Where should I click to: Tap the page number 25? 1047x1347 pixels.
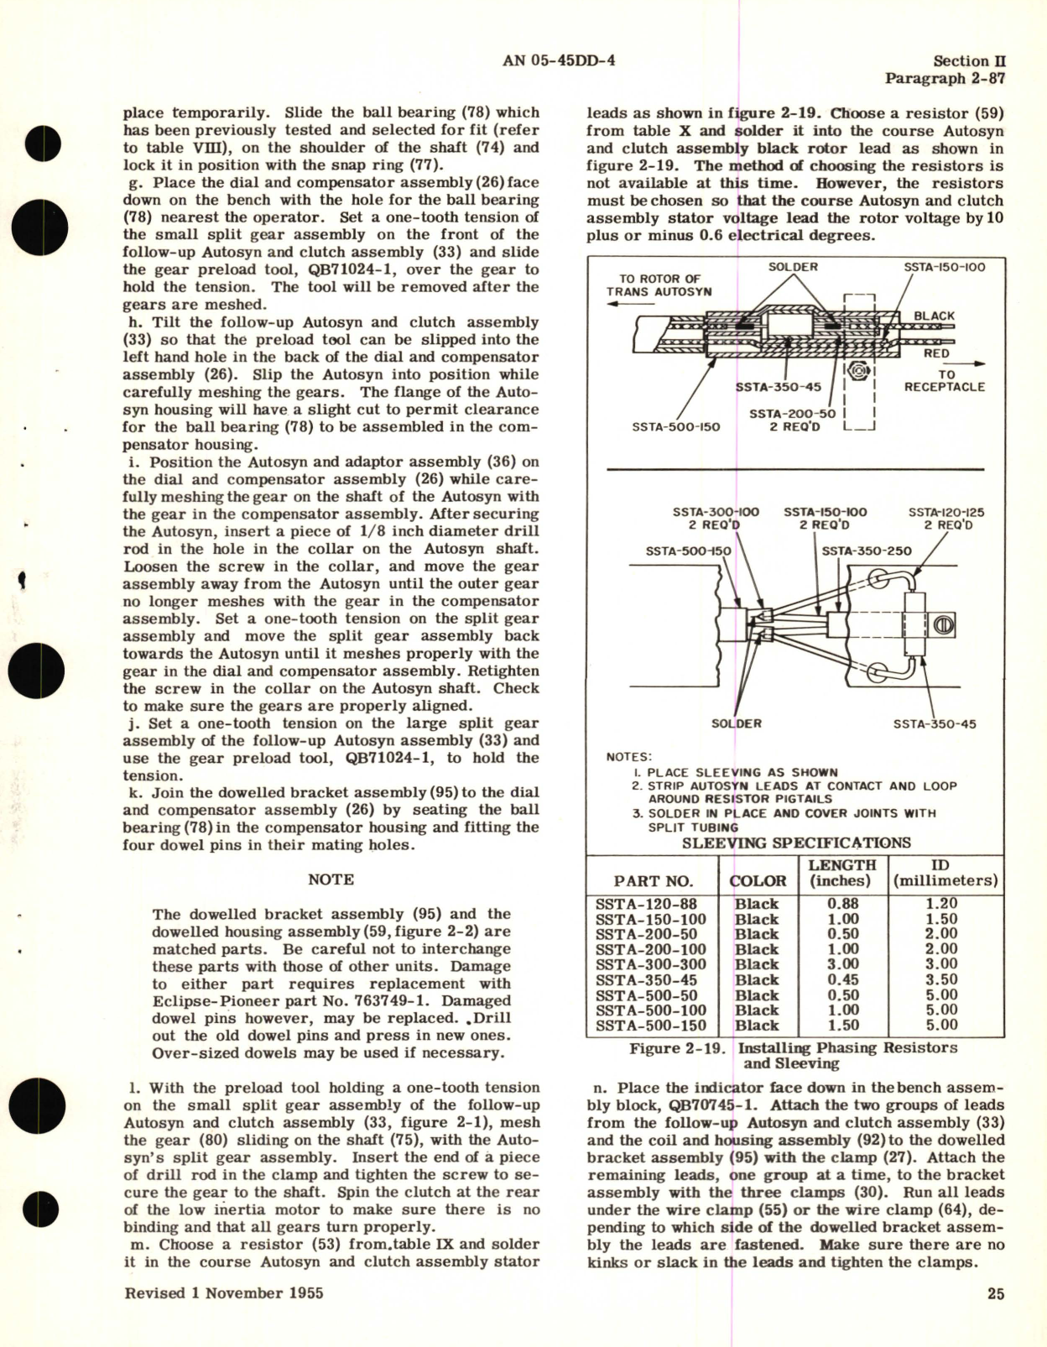tap(995, 1293)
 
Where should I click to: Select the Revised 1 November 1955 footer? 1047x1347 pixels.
tap(224, 1293)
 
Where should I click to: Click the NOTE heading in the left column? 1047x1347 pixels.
tap(331, 880)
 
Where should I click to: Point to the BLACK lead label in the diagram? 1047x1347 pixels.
tap(934, 316)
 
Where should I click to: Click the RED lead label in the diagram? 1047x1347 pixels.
tap(936, 353)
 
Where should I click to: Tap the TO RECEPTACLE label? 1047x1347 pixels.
tap(945, 381)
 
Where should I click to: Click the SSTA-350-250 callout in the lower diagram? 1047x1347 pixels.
tap(866, 551)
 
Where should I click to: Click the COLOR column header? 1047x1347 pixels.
tap(758, 881)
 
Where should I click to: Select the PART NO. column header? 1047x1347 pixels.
tap(654, 881)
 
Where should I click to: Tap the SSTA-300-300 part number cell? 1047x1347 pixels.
tap(651, 964)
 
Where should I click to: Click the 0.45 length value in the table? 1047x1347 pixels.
tap(842, 979)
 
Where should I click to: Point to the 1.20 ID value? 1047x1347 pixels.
tap(941, 904)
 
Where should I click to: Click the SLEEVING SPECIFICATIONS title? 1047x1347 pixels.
tap(795, 843)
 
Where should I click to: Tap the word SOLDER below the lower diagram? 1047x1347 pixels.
tap(736, 723)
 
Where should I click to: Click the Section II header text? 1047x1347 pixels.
tap(969, 60)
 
